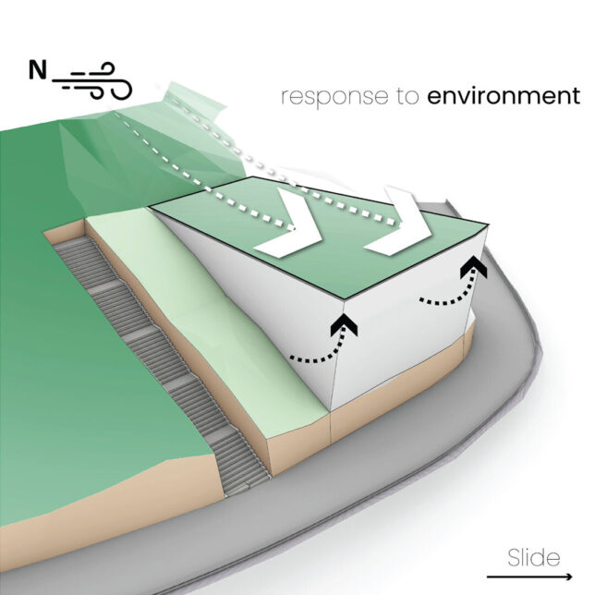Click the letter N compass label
coord(38,70)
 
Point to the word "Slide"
coord(533,557)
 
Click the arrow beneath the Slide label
coord(533,575)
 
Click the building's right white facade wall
coord(407,342)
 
